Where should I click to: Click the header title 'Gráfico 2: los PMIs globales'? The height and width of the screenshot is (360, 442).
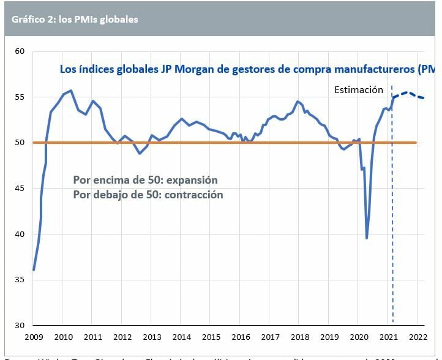pyautogui.click(x=75, y=19)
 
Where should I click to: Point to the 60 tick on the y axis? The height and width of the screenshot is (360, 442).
pyautogui.click(x=19, y=51)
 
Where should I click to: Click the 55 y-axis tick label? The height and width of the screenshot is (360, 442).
pyautogui.click(x=19, y=97)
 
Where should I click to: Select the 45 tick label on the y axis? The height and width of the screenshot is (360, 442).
pyautogui.click(x=19, y=189)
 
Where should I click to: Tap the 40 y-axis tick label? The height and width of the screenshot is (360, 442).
pyautogui.click(x=19, y=234)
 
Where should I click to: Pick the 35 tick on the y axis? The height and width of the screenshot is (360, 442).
pyautogui.click(x=19, y=280)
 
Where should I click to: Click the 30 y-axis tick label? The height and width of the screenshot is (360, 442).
pyautogui.click(x=19, y=325)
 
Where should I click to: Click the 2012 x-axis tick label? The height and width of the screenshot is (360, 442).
pyautogui.click(x=122, y=337)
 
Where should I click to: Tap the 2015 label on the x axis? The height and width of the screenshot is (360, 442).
pyautogui.click(x=211, y=337)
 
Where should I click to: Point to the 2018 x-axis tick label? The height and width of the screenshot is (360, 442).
pyautogui.click(x=299, y=337)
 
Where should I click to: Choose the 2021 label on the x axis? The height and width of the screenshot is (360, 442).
pyautogui.click(x=388, y=337)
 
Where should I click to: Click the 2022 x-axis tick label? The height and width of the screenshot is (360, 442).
pyautogui.click(x=417, y=337)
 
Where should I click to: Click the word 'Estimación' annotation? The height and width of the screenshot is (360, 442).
pyautogui.click(x=358, y=90)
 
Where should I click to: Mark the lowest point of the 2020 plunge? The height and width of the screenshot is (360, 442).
pyautogui.click(x=367, y=238)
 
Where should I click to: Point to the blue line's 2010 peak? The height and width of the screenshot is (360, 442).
pyautogui.click(x=71, y=91)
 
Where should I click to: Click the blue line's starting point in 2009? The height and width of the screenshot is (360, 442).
pyautogui.click(x=34, y=269)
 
